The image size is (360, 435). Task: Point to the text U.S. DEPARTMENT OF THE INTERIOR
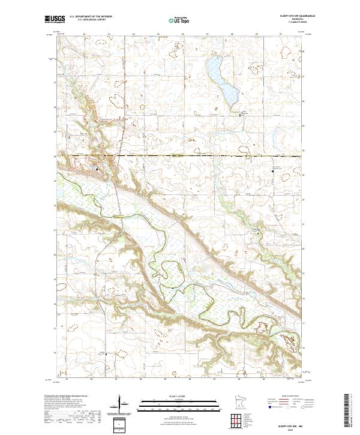(91, 17)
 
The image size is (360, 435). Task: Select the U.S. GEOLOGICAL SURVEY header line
(91, 20)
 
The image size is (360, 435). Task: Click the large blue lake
(220, 79)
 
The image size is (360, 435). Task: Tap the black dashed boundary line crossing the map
(180, 156)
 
